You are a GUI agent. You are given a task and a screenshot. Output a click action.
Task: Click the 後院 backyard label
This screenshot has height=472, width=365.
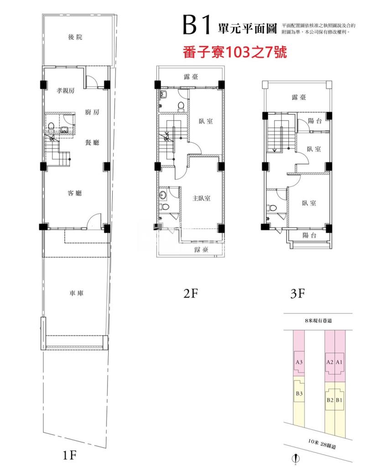[x=76, y=37]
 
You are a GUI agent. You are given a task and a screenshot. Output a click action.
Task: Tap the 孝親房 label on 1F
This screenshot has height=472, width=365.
[x=65, y=91]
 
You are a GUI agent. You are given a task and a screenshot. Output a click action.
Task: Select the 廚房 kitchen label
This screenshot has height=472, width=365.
[x=92, y=112]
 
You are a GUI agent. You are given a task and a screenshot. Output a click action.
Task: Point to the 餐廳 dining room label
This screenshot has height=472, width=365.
[x=93, y=143]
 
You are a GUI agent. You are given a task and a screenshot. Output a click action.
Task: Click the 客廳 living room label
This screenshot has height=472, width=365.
[x=74, y=194]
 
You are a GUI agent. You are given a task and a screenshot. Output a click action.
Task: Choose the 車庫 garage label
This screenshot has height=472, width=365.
[x=76, y=294]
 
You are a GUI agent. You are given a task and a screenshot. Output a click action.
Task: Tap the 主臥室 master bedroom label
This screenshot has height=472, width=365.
[x=201, y=198]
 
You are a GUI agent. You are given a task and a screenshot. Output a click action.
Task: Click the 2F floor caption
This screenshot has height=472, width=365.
[x=190, y=294]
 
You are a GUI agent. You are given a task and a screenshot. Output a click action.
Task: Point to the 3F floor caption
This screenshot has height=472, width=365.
[x=297, y=294]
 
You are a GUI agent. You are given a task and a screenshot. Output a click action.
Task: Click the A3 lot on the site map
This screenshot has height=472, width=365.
[x=299, y=362]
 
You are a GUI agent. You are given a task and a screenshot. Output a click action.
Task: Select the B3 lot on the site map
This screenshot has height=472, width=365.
[x=299, y=393]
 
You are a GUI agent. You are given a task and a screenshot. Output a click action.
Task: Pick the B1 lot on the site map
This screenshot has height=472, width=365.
[x=339, y=400]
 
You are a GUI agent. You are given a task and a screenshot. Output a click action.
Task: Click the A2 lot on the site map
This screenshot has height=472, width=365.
[x=329, y=362]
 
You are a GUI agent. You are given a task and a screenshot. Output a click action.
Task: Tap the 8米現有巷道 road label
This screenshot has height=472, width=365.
[x=318, y=321]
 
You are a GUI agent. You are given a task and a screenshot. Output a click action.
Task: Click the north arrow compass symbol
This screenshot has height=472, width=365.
[x=297, y=459]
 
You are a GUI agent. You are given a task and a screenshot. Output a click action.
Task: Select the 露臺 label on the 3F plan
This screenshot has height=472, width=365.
[x=299, y=97]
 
